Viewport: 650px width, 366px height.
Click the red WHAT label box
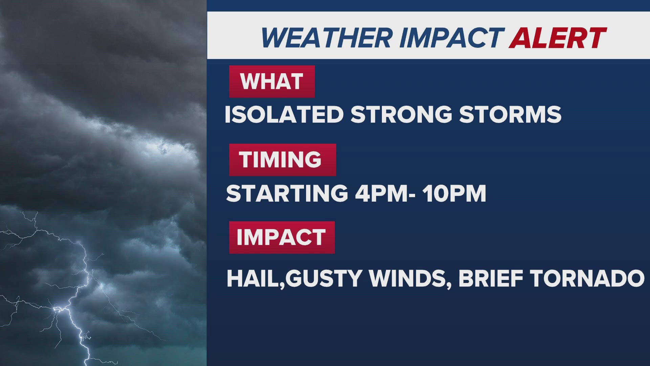coord(272,81)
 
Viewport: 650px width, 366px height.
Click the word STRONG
coord(402,115)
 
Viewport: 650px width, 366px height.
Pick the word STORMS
coord(510,115)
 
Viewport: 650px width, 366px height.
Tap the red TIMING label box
coord(283,160)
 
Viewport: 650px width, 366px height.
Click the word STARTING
coord(287,194)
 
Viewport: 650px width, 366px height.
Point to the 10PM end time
coord(454,194)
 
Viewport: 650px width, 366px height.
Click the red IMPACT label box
coord(282,237)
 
